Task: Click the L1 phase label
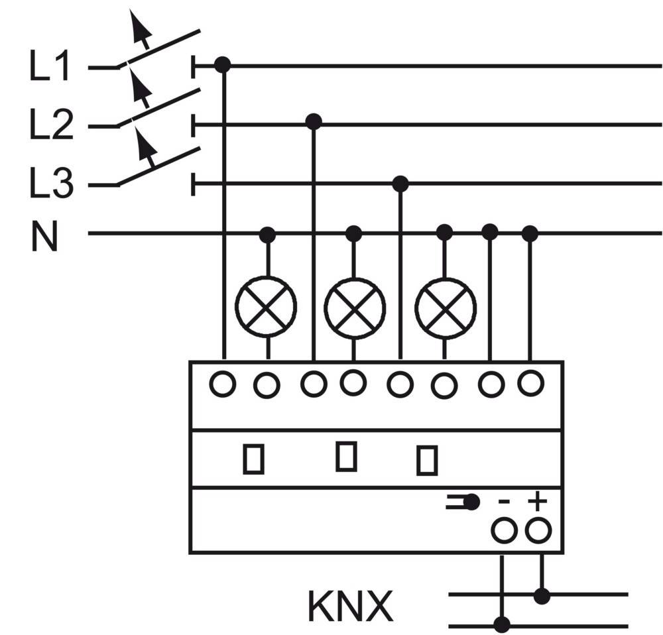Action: (50, 67)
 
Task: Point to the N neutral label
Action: (44, 237)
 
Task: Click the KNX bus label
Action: (351, 605)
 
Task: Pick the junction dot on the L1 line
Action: (223, 65)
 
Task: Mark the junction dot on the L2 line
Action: (314, 122)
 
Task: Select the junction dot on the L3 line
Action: (400, 183)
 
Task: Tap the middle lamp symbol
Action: (355, 308)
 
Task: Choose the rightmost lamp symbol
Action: (445, 308)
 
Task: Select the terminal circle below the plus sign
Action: (538, 530)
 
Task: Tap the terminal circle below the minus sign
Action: (504, 530)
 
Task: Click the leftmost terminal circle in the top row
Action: (223, 384)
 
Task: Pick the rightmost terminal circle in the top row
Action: (530, 382)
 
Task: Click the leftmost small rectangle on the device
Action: (253, 459)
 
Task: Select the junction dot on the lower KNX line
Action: (502, 624)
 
